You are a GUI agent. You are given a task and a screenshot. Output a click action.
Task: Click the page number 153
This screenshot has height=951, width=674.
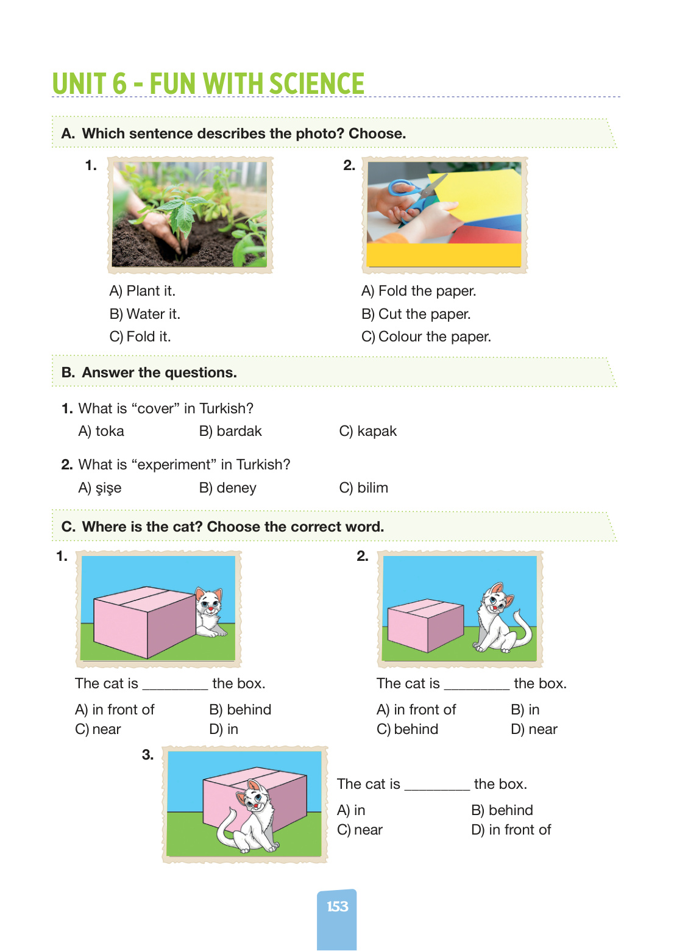click(337, 906)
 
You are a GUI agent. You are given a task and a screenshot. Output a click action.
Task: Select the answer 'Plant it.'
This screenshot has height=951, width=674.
click(142, 291)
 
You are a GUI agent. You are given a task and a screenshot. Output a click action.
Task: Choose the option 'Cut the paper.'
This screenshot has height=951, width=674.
click(416, 314)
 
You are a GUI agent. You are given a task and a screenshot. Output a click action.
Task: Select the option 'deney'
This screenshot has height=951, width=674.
click(227, 488)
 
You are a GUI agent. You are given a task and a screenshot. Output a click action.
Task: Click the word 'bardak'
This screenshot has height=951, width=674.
click(230, 431)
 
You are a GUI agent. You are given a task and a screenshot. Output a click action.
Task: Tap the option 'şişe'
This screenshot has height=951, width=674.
click(100, 488)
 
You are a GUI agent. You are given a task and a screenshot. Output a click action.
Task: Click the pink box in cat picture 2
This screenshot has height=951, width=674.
click(426, 625)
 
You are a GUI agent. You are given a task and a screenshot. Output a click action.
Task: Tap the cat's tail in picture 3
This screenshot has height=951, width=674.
click(226, 828)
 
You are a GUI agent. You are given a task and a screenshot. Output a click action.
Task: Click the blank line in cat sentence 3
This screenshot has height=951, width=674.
click(437, 789)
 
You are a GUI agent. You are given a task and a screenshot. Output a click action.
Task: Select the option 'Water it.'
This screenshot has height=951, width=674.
click(144, 314)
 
